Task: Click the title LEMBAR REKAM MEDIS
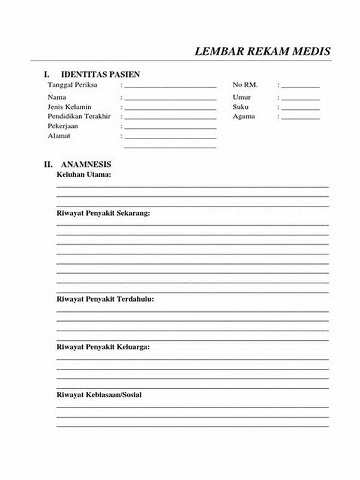pos(262,52)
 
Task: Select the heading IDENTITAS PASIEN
pos(100,75)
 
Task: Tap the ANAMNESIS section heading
pos(86,164)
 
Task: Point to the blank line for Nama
pos(170,98)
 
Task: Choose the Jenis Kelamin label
pos(70,107)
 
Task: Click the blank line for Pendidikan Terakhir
pos(170,118)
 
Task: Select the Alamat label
pos(59,136)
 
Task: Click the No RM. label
pos(245,85)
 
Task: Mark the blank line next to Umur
pos(301,98)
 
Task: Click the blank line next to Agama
pos(301,118)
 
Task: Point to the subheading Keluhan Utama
pos(84,175)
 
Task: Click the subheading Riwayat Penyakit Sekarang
pos(103,213)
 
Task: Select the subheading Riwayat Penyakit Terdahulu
pos(105,299)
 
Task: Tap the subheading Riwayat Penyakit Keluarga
pos(103,347)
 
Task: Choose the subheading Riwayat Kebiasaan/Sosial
pos(99,395)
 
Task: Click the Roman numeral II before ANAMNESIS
pos(48,164)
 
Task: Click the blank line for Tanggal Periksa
pos(170,86)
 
